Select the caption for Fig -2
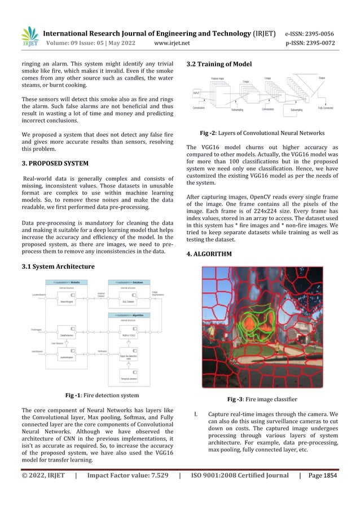[x=262, y=133]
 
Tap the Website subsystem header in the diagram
[x=71, y=282]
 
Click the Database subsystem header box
[x=130, y=282]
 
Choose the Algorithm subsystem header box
[x=130, y=315]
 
